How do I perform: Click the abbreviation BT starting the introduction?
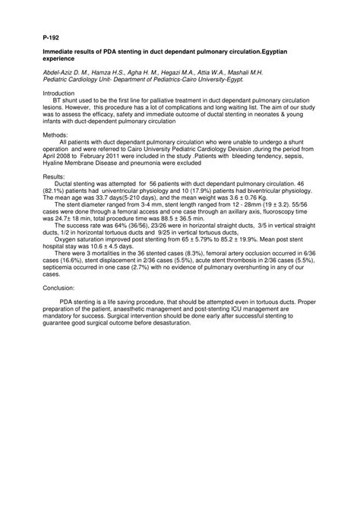point(57,100)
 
